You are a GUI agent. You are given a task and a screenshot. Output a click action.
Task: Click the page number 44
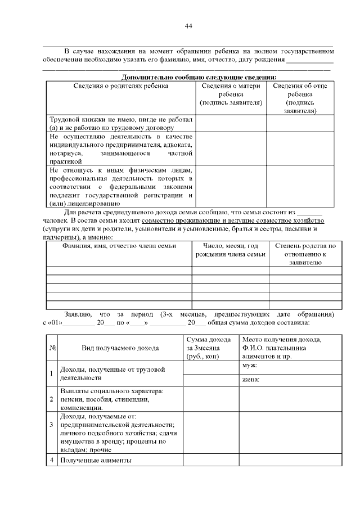(x=188, y=26)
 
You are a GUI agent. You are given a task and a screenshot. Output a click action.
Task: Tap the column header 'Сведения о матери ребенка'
(x=231, y=94)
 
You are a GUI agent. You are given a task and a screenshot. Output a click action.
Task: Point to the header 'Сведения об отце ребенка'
(x=299, y=98)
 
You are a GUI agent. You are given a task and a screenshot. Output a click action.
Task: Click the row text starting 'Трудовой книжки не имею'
(x=120, y=124)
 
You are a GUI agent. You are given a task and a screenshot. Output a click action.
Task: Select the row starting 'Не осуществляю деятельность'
(x=120, y=148)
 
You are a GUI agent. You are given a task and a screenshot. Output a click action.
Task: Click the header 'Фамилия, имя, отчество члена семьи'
(x=119, y=246)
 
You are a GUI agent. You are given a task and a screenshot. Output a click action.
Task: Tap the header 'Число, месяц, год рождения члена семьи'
(x=230, y=250)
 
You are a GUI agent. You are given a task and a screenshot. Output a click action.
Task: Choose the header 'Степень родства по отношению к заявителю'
(x=305, y=254)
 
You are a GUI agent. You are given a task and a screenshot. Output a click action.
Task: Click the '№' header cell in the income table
(x=52, y=348)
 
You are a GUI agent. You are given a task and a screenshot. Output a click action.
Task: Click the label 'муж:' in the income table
(x=250, y=366)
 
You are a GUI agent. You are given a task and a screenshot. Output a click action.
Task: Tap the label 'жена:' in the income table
(x=251, y=380)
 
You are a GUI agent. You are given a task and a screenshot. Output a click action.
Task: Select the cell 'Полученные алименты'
(x=96, y=461)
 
